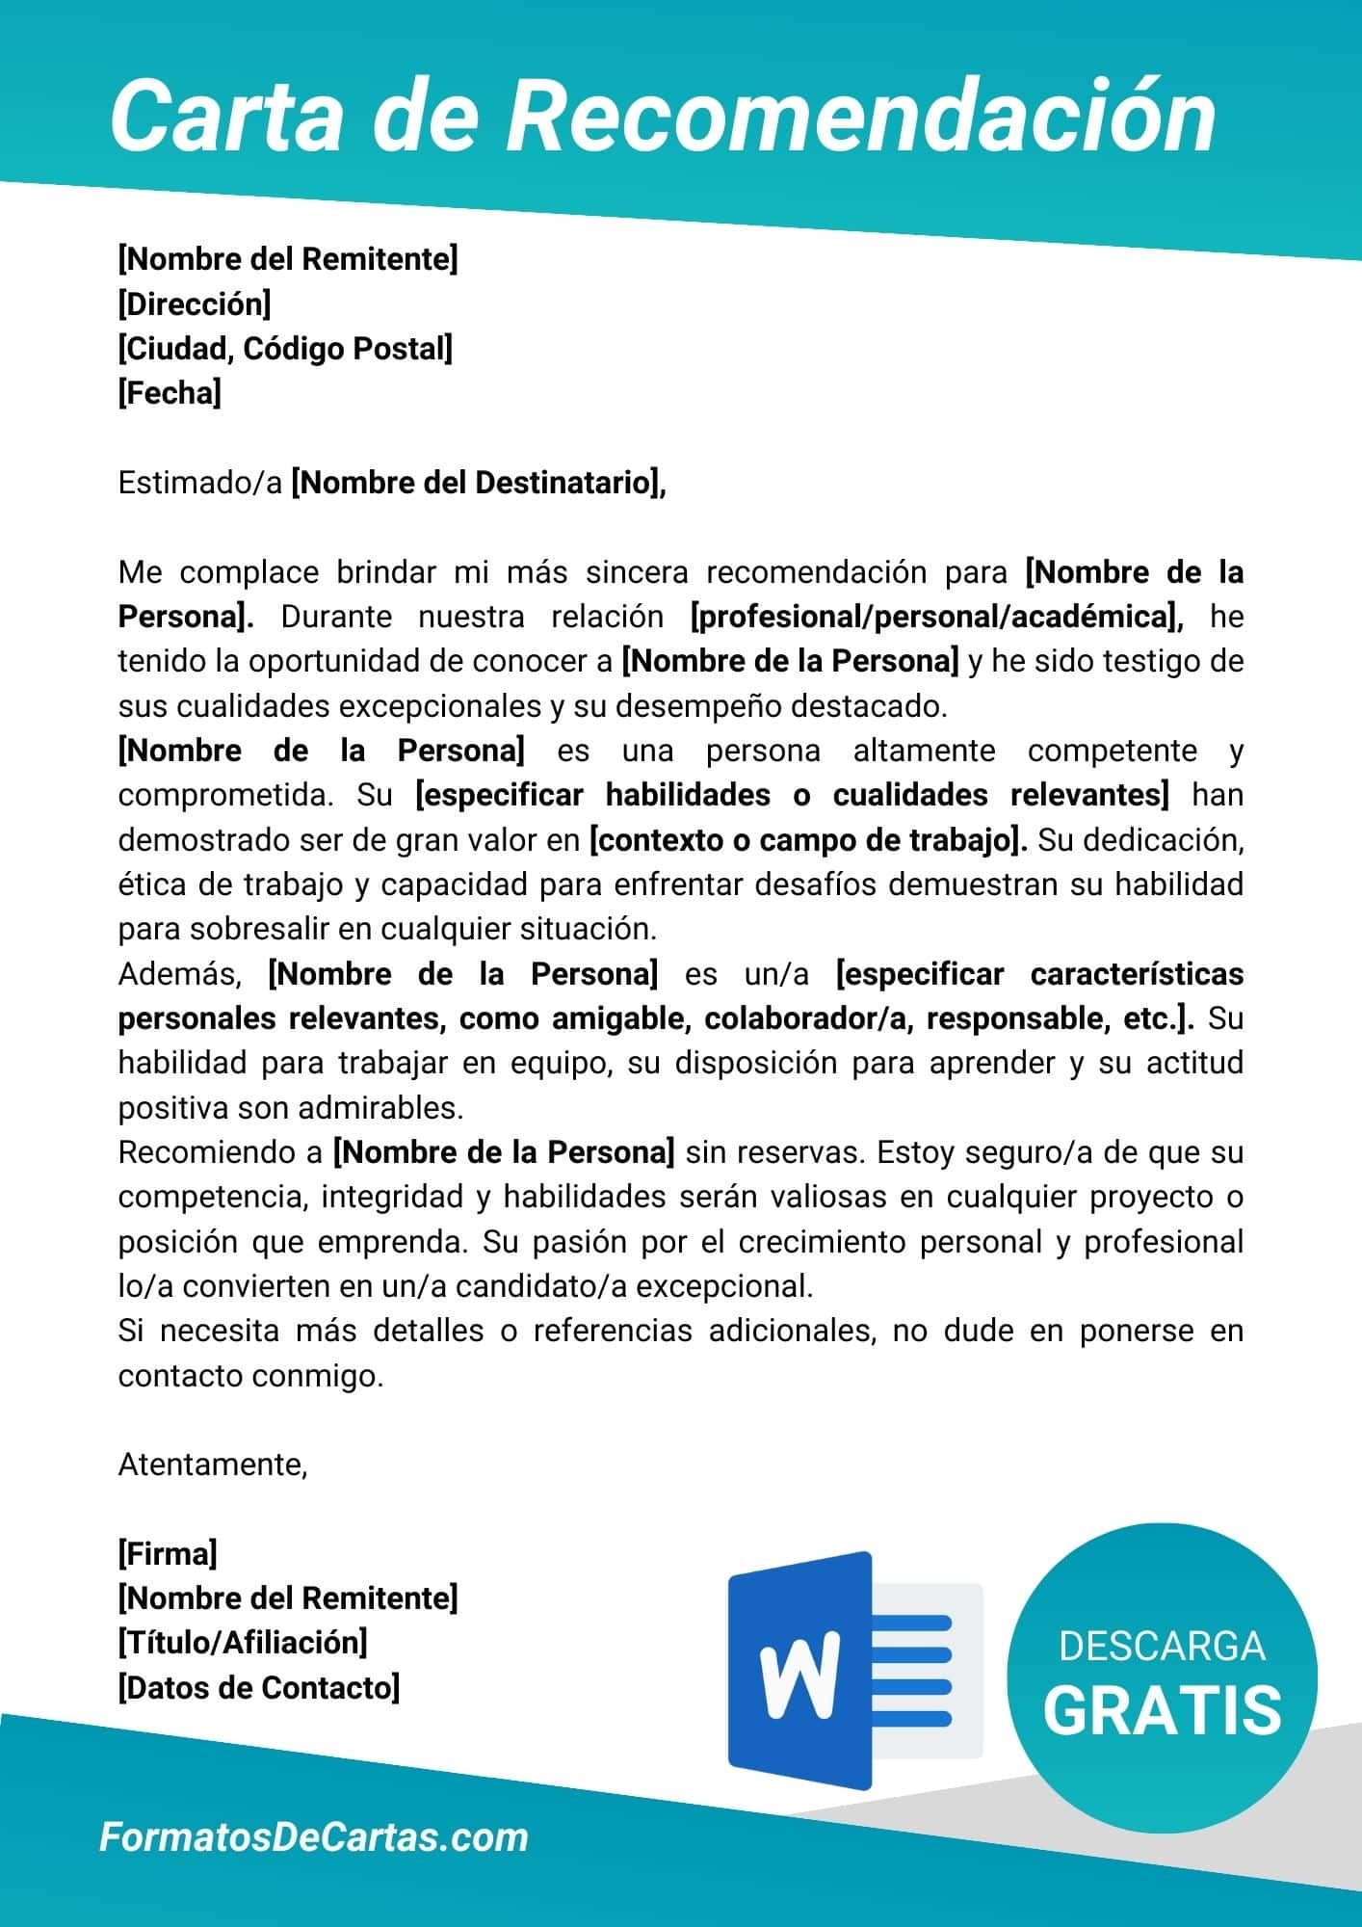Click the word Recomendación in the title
coord(861,117)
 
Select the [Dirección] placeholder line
coord(195,304)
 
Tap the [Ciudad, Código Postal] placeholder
coord(285,349)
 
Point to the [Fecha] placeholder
coord(170,393)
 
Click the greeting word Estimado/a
coord(200,483)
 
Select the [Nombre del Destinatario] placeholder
coord(479,483)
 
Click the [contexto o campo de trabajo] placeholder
coord(808,840)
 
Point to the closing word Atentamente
coord(213,1465)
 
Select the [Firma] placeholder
coord(168,1554)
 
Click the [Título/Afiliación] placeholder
coord(243,1643)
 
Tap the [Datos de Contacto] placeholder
coord(259,1687)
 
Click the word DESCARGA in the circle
coord(1162,1647)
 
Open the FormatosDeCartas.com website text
coord(314,1837)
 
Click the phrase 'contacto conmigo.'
coord(251,1376)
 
